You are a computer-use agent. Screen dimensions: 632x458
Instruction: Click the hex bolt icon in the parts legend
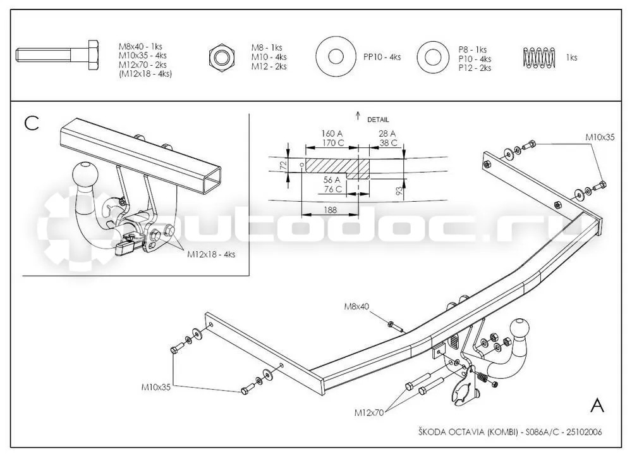58,55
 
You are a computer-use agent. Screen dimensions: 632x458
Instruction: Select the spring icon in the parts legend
539,58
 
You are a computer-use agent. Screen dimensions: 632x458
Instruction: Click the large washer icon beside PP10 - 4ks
336,56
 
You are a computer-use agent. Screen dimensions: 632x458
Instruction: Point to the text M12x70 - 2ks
142,65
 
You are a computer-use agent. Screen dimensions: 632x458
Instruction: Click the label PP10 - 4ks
382,57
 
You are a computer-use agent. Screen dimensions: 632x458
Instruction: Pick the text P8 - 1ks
472,49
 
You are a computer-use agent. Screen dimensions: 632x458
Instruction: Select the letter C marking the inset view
32,123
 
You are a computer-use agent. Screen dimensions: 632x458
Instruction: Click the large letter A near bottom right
597,405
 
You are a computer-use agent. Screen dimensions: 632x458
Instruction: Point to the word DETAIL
378,120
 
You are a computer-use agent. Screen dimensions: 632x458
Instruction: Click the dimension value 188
330,210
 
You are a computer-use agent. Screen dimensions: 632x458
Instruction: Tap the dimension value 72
283,164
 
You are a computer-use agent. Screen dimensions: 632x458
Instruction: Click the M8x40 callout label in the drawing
356,307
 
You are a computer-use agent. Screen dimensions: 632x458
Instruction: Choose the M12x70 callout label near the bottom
369,412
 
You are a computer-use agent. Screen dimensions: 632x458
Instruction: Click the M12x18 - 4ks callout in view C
211,254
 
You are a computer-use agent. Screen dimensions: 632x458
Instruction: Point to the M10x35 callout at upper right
600,137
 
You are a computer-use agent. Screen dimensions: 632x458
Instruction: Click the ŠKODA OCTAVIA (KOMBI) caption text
468,432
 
